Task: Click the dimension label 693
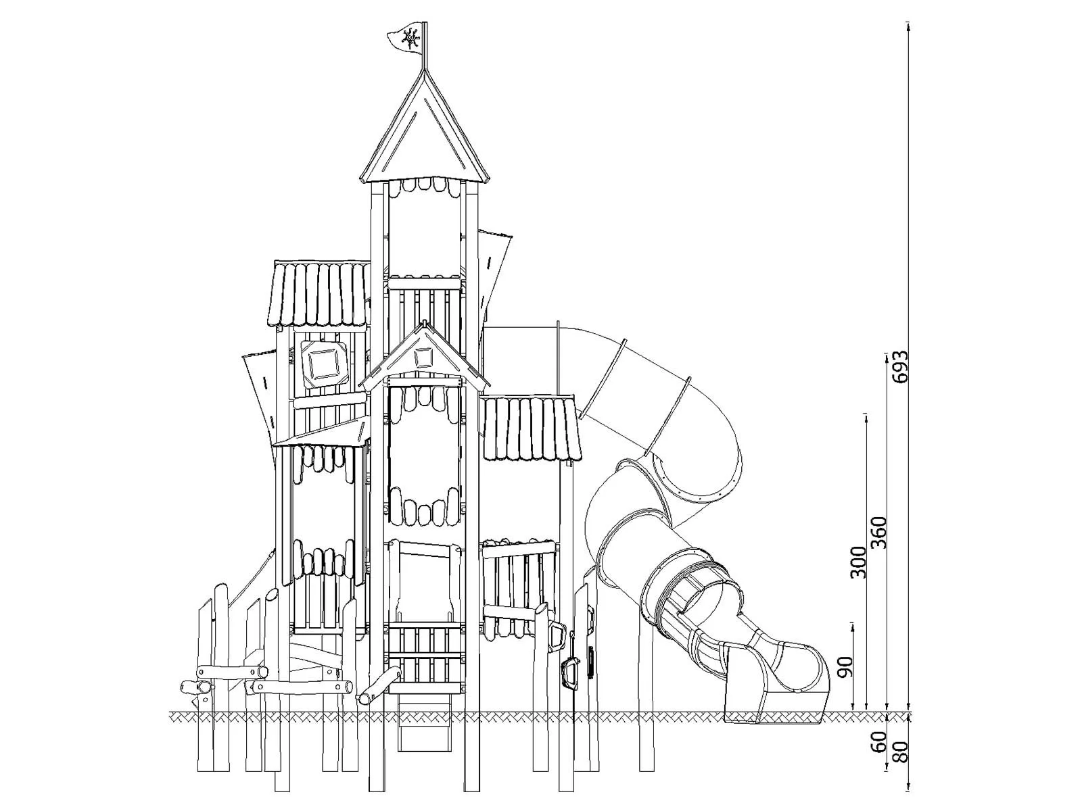[900, 367]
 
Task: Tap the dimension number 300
[858, 562]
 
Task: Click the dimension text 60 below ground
[878, 741]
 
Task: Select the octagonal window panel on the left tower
[324, 364]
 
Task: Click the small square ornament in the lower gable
[424, 358]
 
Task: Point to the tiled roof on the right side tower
[532, 428]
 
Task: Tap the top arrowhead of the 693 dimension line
[908, 26]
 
